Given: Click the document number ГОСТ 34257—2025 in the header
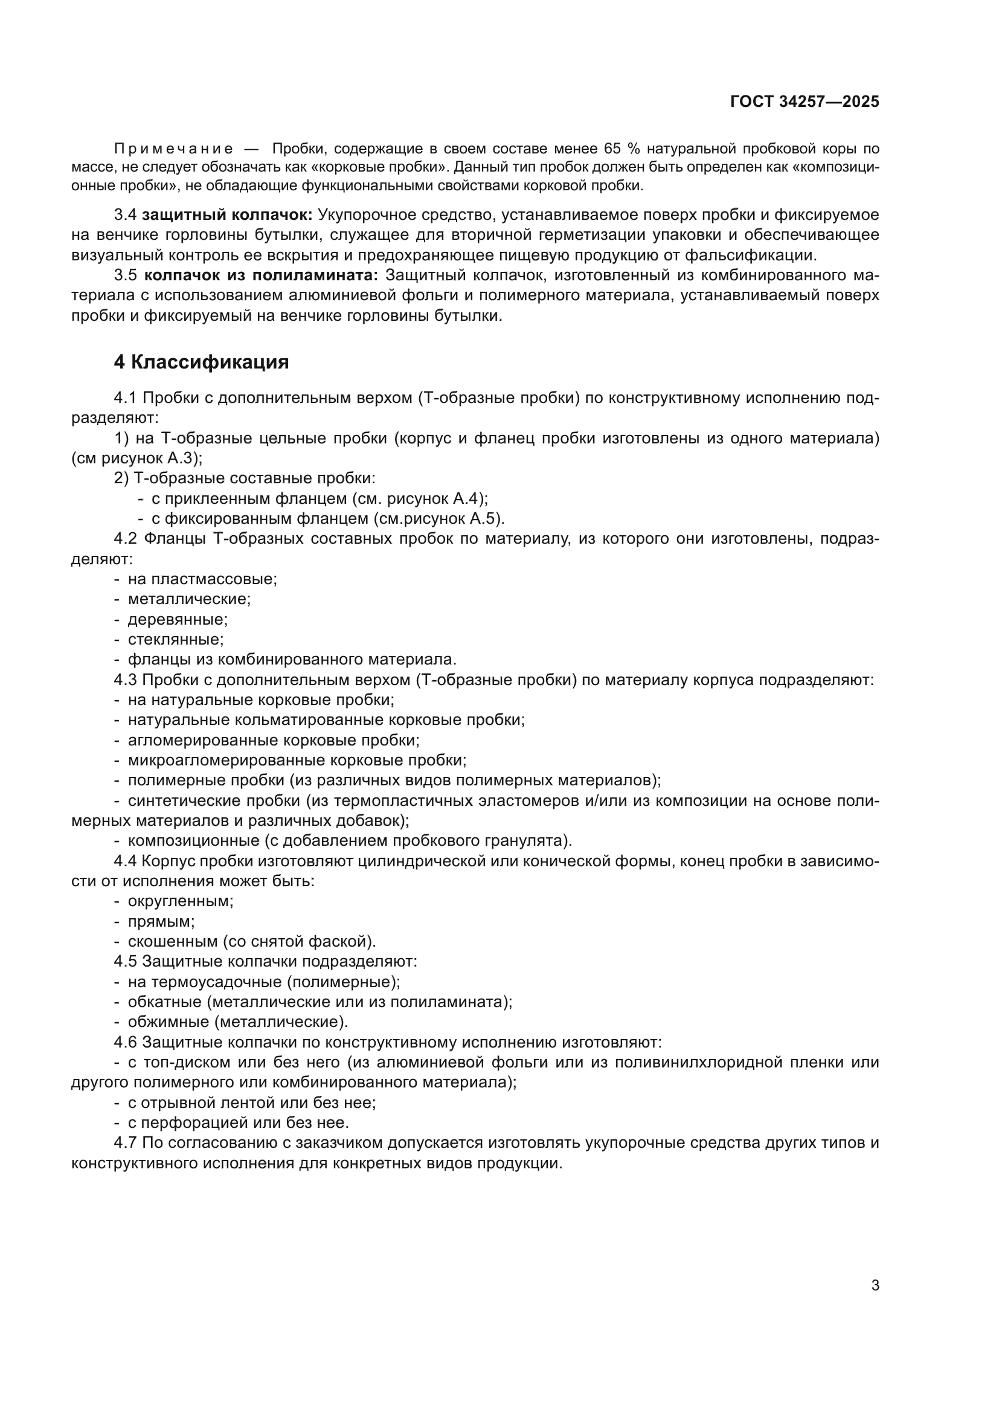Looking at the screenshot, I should pyautogui.click(x=804, y=101).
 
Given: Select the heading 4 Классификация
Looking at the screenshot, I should pyautogui.click(x=201, y=362).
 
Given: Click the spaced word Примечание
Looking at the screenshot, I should pyautogui.click(x=173, y=149).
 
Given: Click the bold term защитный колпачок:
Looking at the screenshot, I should pyautogui.click(x=227, y=215).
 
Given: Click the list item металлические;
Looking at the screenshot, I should pyautogui.click(x=189, y=599).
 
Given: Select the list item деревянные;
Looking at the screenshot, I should pyautogui.click(x=178, y=619).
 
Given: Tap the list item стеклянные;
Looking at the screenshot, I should pyautogui.click(x=175, y=639).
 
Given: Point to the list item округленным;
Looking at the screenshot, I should pyautogui.click(x=180, y=901).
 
